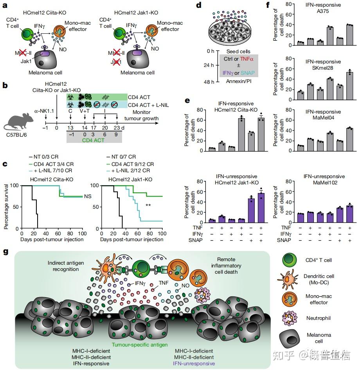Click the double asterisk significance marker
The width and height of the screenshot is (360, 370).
click(x=148, y=205)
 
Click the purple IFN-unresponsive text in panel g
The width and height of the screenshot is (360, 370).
click(x=194, y=363)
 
